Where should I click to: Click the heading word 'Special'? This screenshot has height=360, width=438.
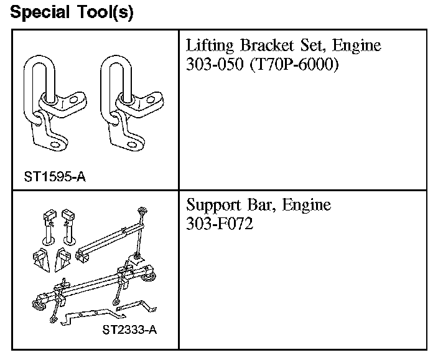coord(40,12)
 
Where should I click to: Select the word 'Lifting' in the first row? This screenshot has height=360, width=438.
coord(210,45)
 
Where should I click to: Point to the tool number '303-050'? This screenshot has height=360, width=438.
coord(215,64)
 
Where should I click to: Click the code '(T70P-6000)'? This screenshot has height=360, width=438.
coord(294,64)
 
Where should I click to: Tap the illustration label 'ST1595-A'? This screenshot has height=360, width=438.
coord(55,177)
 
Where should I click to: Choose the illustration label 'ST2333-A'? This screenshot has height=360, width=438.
coord(129,329)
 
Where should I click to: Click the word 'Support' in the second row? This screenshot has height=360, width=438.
coord(213,206)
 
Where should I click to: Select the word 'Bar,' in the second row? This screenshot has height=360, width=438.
coord(261,205)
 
